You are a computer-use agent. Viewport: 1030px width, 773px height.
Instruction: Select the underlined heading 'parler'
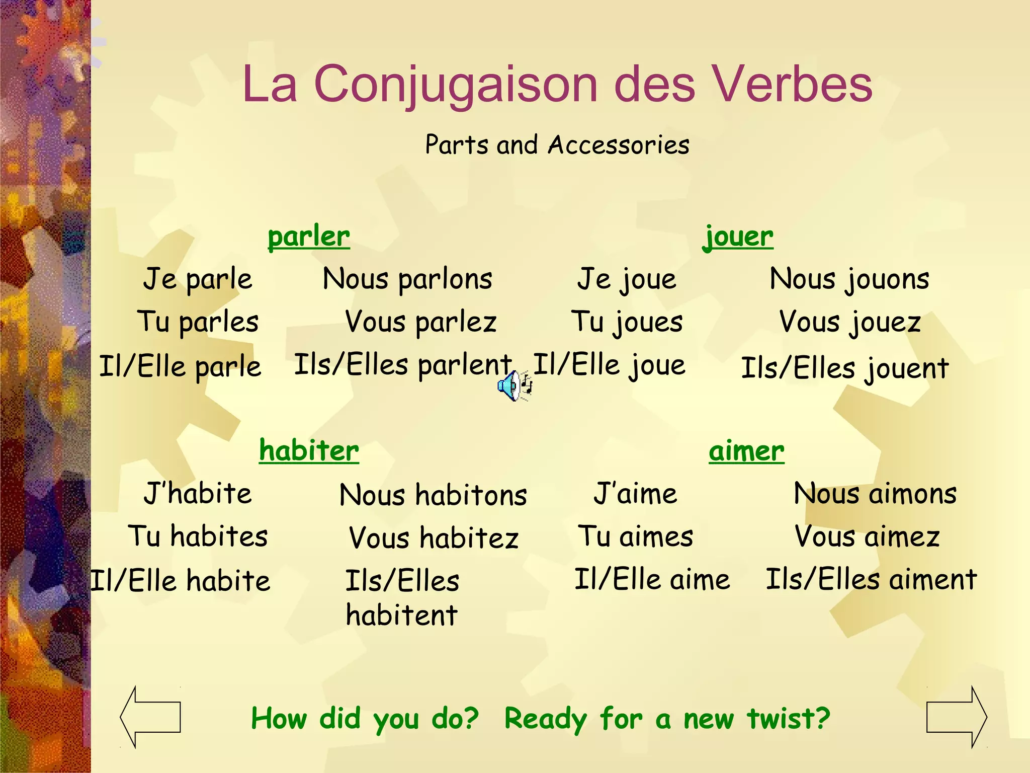click(309, 237)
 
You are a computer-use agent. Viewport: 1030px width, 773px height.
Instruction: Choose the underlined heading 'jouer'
click(738, 237)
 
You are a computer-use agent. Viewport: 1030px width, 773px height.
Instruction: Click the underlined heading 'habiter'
click(309, 450)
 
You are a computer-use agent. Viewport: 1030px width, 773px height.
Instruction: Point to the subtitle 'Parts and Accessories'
click(557, 145)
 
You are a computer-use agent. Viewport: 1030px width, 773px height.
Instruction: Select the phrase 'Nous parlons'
click(407, 279)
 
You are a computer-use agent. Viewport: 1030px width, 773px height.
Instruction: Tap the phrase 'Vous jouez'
click(850, 322)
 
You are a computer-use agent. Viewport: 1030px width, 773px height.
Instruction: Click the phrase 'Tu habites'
click(198, 536)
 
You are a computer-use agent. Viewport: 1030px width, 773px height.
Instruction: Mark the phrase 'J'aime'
click(636, 494)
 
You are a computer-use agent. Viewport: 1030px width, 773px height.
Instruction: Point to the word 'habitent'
click(401, 615)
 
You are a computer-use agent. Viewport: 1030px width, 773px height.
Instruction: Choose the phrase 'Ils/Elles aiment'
click(871, 579)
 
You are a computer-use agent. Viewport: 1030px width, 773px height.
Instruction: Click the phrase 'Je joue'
click(627, 279)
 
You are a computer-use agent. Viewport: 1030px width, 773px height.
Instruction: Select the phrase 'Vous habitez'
click(434, 538)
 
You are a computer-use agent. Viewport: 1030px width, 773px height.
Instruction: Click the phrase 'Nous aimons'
click(875, 494)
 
